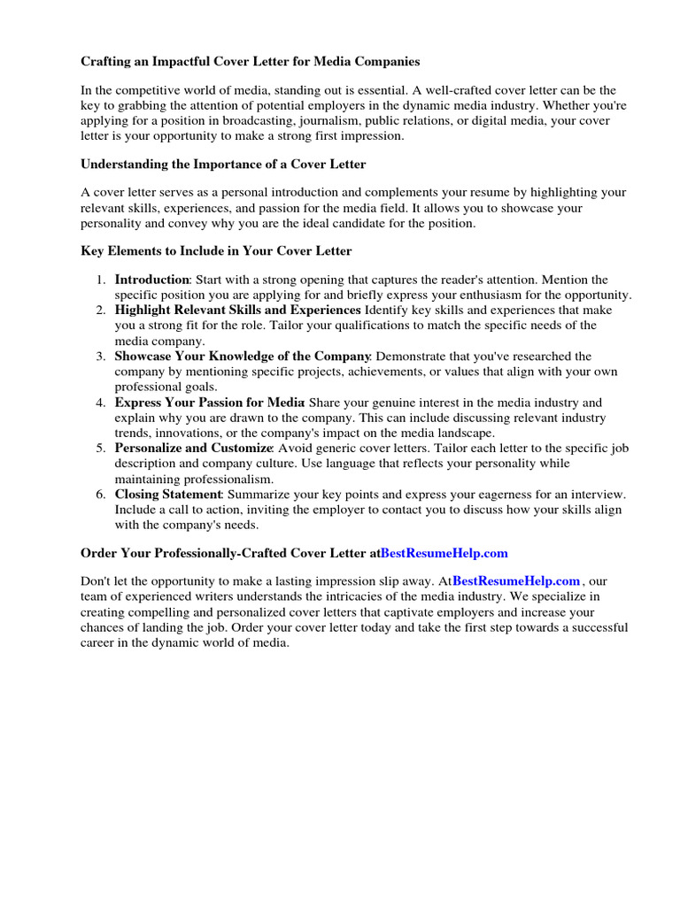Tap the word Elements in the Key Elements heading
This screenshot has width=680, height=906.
133,251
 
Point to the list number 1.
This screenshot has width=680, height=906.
100,280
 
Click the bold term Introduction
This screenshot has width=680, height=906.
151,280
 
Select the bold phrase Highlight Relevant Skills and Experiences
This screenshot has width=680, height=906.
237,311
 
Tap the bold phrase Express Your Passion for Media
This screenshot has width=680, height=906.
209,403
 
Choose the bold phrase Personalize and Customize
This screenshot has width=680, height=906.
192,449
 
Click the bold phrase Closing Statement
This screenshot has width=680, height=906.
167,495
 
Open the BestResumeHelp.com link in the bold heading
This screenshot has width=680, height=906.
444,553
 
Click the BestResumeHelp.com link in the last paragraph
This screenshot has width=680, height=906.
516,581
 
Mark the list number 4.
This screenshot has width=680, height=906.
100,403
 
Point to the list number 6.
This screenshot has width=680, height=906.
100,495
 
